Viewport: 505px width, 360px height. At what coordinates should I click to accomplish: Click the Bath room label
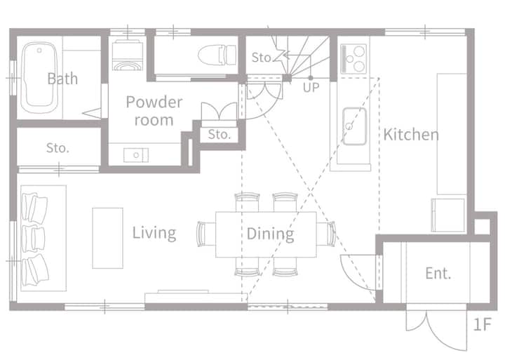[x=62, y=79]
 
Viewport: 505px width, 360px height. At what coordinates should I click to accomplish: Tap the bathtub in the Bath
[x=39, y=77]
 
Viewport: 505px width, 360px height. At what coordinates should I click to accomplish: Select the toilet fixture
[x=217, y=55]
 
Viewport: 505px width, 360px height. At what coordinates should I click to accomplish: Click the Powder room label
[x=154, y=111]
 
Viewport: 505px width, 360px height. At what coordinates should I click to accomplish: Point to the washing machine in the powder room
[x=128, y=55]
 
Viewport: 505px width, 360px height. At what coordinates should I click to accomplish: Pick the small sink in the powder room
[x=136, y=155]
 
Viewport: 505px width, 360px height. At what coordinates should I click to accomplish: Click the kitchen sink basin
[x=354, y=126]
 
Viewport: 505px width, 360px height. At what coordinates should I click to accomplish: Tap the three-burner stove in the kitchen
[x=353, y=59]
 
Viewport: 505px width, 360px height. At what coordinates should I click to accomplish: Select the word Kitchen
[x=411, y=135]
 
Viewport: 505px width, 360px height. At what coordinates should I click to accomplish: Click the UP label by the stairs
[x=311, y=87]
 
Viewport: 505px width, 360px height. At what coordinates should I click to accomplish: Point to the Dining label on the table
[x=270, y=234]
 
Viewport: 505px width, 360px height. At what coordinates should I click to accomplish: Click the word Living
[x=154, y=233]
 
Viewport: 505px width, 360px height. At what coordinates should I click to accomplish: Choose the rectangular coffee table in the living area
[x=107, y=238]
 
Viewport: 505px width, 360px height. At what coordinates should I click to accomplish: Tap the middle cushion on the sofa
[x=33, y=239]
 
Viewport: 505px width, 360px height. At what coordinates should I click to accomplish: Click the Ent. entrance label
[x=438, y=273]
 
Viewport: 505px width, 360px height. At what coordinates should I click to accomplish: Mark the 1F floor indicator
[x=482, y=324]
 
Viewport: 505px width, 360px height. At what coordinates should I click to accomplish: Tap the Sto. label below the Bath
[x=58, y=148]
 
